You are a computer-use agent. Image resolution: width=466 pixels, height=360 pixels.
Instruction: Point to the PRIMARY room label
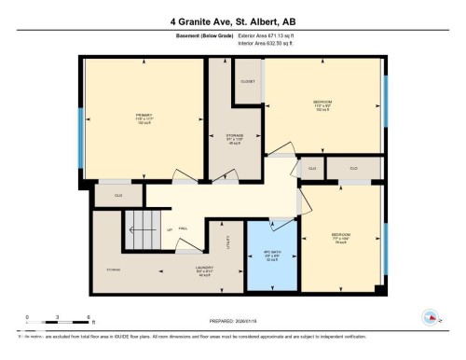point(142,119)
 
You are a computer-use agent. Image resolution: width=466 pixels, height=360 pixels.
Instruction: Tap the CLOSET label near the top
point(247,82)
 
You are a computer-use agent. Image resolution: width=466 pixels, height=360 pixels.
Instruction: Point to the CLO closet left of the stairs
point(118,196)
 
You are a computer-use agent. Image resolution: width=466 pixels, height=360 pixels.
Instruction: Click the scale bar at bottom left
point(58,322)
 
